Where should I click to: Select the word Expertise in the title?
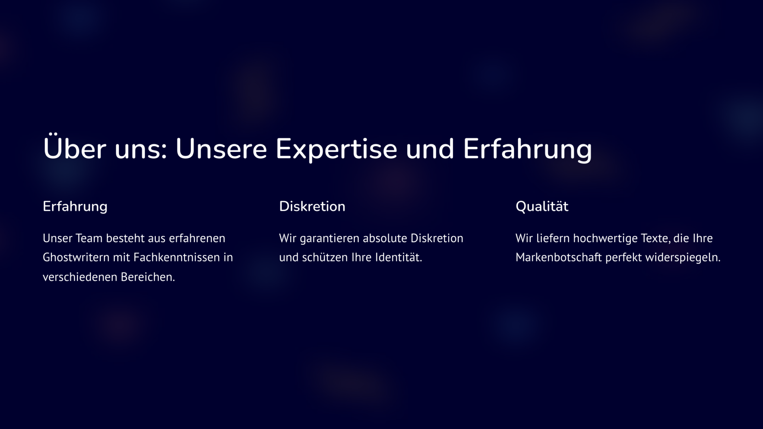(x=336, y=150)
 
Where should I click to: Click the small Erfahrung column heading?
(x=75, y=207)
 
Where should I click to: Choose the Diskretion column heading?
(x=312, y=206)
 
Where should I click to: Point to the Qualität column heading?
(x=542, y=206)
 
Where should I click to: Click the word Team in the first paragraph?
(x=89, y=238)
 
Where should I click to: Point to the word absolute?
(x=385, y=238)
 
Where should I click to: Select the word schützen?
(x=325, y=257)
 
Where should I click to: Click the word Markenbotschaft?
(x=559, y=257)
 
